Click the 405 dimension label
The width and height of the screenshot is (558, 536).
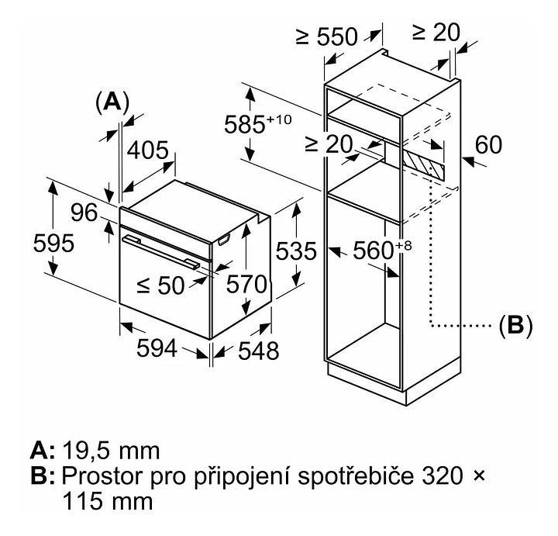147,150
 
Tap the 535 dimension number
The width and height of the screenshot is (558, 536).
296,251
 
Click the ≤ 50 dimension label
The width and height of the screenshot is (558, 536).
161,285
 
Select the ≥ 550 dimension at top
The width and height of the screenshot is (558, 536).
326,36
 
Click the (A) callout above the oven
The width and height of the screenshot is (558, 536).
112,102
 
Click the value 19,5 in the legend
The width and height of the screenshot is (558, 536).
89,450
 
